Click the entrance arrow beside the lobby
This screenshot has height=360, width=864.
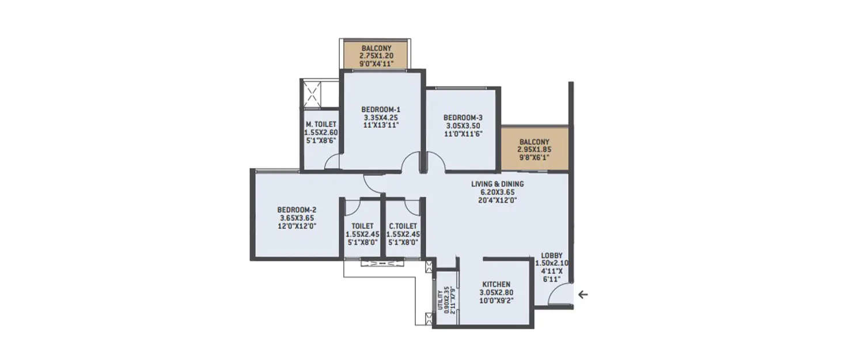pyautogui.click(x=583, y=294)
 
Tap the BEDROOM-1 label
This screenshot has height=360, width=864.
pyautogui.click(x=381, y=109)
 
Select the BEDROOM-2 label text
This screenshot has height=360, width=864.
pyautogui.click(x=297, y=210)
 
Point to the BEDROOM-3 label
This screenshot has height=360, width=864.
pyautogui.click(x=464, y=118)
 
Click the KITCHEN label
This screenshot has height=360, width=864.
pyautogui.click(x=496, y=285)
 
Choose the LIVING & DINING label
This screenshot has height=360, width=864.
pyautogui.click(x=498, y=184)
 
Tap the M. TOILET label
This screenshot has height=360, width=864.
pyautogui.click(x=320, y=124)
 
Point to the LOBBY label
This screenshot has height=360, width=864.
pyautogui.click(x=552, y=256)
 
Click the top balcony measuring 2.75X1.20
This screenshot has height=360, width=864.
pyautogui.click(x=376, y=55)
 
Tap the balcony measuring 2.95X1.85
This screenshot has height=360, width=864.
pyautogui.click(x=534, y=149)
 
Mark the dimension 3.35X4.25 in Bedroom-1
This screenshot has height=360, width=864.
pyautogui.click(x=381, y=117)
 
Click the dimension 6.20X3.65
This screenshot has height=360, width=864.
pyautogui.click(x=498, y=192)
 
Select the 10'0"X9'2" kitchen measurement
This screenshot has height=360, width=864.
pyautogui.click(x=496, y=301)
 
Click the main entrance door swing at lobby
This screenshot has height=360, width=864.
pyautogui.click(x=558, y=295)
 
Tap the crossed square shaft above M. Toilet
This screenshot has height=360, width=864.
pyautogui.click(x=313, y=93)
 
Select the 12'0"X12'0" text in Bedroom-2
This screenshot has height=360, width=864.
pyautogui.click(x=297, y=226)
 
